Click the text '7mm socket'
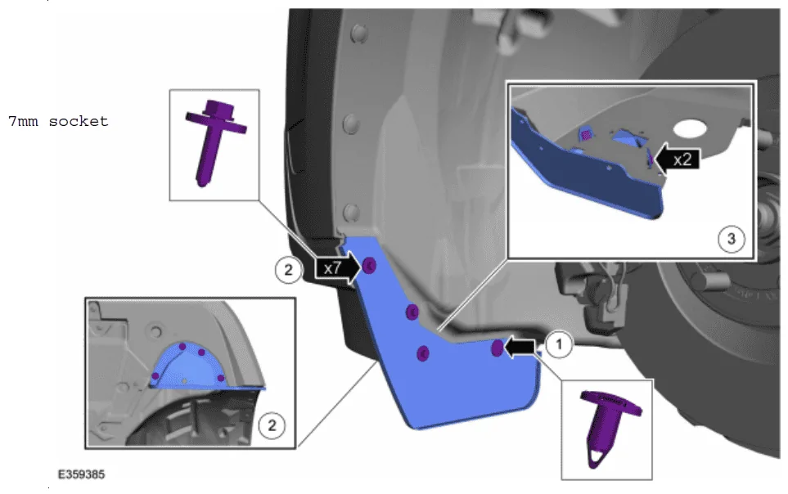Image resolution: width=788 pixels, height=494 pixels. (x=58, y=121)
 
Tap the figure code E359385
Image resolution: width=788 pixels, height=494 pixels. (x=81, y=474)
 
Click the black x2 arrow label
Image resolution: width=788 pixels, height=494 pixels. (x=678, y=159)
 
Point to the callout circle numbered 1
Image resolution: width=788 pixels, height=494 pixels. (x=558, y=345)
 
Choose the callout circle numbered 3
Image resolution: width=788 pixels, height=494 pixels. (x=732, y=239)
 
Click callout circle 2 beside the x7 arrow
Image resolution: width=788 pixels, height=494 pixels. (x=288, y=270)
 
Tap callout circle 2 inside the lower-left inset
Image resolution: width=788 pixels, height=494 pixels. (x=272, y=425)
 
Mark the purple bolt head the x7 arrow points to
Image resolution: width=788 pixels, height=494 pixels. (x=369, y=265)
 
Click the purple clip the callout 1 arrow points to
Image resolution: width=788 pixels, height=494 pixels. (x=497, y=348)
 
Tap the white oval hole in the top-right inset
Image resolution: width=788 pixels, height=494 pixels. (x=690, y=129)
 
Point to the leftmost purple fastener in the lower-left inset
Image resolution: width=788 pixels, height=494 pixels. (x=155, y=376)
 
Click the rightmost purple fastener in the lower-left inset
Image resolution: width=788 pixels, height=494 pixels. (x=220, y=378)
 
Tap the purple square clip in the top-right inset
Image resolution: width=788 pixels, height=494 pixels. (x=585, y=135)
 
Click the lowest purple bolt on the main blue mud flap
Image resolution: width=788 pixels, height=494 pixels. (x=423, y=353)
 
